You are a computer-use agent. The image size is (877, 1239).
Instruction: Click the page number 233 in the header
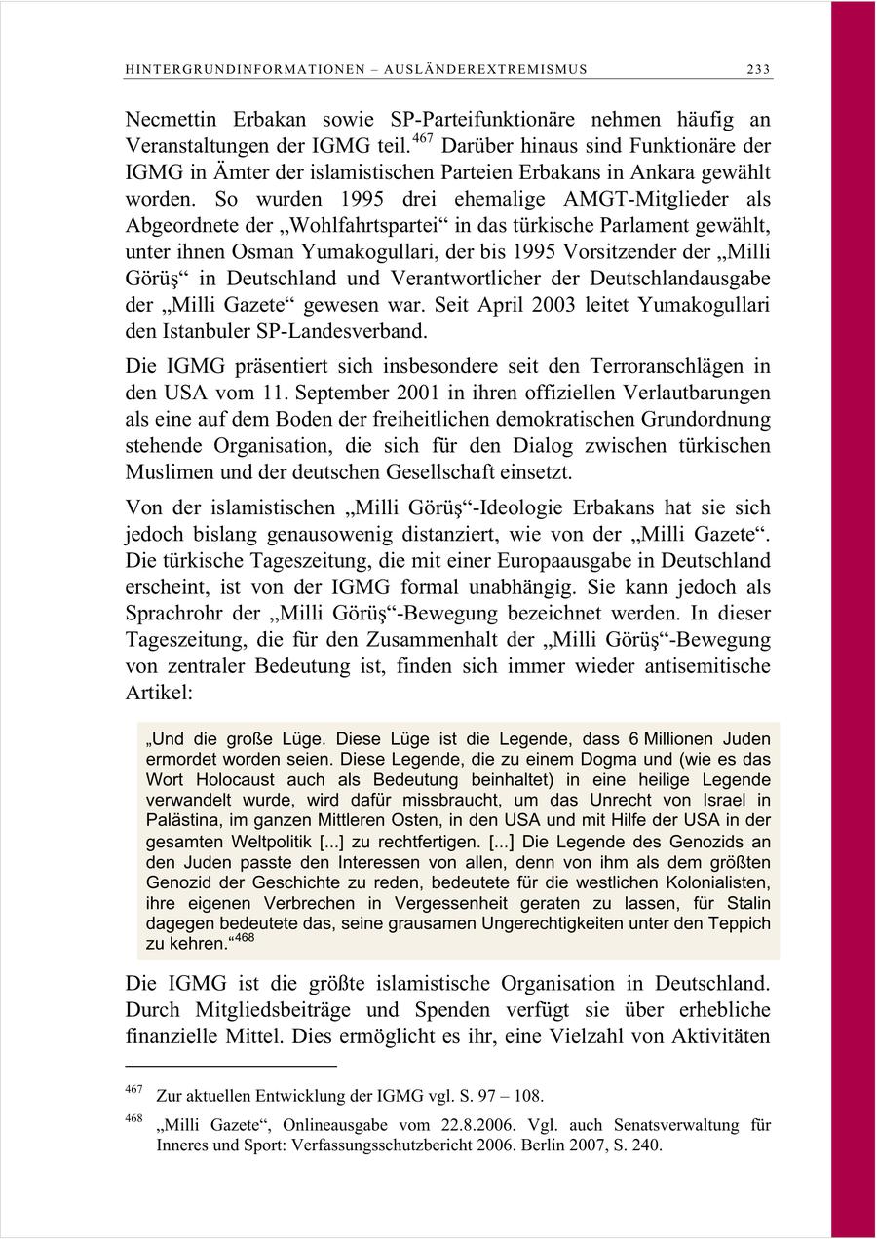[x=758, y=69]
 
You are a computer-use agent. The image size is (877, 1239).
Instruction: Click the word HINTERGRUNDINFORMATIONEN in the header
[x=219, y=69]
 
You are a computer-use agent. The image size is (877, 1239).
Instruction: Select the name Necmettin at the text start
[x=173, y=120]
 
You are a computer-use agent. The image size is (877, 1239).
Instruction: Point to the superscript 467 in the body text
[x=421, y=139]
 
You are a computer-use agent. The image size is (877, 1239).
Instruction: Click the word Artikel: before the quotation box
[x=160, y=694]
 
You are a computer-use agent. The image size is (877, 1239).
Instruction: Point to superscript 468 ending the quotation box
[x=244, y=938]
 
